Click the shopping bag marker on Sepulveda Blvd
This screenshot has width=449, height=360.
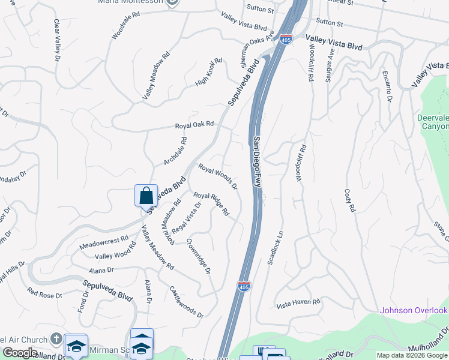(x=146, y=196)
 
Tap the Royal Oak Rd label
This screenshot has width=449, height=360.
(x=194, y=125)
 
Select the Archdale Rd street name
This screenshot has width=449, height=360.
(x=176, y=152)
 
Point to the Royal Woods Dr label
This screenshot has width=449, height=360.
(x=218, y=176)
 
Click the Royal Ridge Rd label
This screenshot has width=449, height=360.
(x=211, y=204)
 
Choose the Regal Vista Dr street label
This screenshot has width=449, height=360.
(x=187, y=218)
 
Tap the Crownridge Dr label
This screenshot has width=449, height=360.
(x=199, y=256)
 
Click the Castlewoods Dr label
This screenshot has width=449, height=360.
(x=186, y=302)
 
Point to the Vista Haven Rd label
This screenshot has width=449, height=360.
(x=299, y=304)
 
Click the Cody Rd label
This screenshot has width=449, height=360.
(x=350, y=202)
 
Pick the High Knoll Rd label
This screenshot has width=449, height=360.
(x=208, y=71)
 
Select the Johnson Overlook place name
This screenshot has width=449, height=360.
(x=414, y=310)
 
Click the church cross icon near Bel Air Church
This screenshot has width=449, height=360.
(x=56, y=338)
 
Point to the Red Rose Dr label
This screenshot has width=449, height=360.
(x=45, y=294)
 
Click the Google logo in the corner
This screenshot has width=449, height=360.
(x=20, y=353)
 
